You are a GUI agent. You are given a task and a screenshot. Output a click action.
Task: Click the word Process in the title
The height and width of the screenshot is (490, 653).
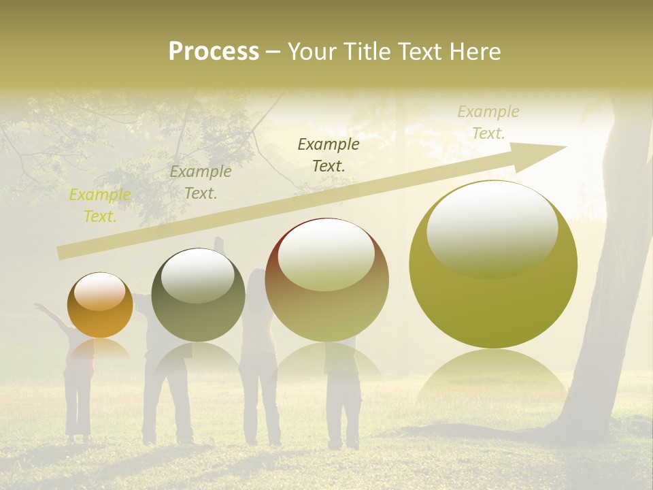point(214,52)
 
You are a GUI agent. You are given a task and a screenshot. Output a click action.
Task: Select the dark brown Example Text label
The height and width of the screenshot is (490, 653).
point(329,154)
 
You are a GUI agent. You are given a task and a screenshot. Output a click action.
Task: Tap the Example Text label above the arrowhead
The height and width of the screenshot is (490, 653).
point(488,122)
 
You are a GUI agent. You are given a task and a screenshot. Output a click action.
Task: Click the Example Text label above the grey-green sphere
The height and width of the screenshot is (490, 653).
point(201,182)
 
